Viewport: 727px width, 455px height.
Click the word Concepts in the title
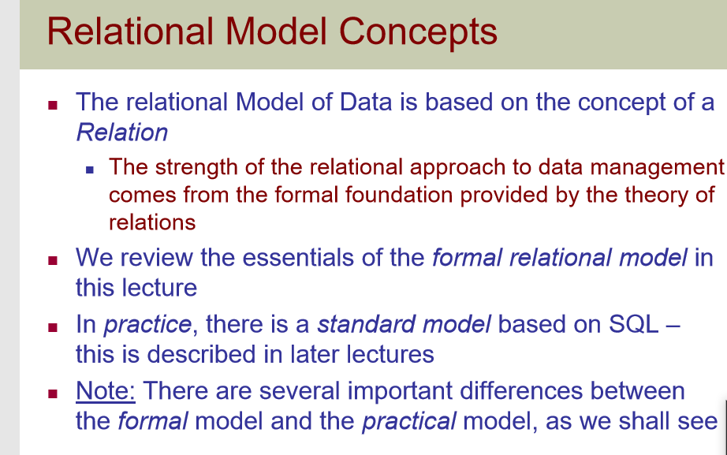(419, 32)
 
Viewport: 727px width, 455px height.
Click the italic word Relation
(121, 132)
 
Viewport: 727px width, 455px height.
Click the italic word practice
(147, 324)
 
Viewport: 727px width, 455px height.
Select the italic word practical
(408, 421)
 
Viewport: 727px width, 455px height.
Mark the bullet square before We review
(53, 259)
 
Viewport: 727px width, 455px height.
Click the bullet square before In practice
(53, 326)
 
